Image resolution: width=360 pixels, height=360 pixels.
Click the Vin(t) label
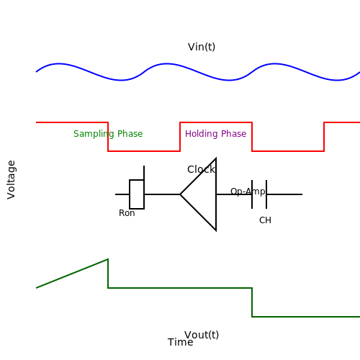point(202,47)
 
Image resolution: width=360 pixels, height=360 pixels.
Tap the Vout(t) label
point(202,335)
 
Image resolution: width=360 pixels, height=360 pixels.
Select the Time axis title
point(181,342)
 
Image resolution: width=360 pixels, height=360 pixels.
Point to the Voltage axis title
point(11,180)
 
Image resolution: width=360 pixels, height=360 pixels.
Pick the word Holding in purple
point(201,134)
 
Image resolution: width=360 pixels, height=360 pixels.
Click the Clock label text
point(201,169)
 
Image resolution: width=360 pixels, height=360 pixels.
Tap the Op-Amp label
point(248,192)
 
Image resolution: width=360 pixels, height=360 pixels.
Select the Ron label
point(127,213)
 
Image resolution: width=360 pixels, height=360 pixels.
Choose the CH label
point(265,220)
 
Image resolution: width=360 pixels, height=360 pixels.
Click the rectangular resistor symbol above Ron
point(137,194)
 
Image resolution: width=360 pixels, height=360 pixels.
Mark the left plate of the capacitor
point(252,194)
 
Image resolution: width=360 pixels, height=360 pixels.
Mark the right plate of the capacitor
point(266,194)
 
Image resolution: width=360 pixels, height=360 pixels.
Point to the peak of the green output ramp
point(108,259)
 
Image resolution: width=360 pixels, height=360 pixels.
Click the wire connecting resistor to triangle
point(162,194)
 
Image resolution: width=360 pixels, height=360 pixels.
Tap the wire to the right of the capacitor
point(284,194)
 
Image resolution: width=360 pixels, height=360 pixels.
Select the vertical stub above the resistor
point(144,173)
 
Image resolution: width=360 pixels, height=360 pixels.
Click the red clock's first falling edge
point(108,137)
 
